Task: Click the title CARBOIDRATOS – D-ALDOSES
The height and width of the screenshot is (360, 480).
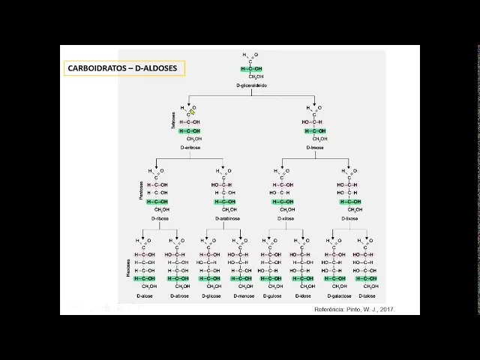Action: pos(122,68)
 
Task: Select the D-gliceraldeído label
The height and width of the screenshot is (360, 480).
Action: pos(251,86)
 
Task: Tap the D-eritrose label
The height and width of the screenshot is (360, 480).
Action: pos(190,148)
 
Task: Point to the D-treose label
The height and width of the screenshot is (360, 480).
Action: pos(316,148)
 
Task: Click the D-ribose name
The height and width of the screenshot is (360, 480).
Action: pos(159,219)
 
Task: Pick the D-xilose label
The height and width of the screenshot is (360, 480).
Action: pos(285,219)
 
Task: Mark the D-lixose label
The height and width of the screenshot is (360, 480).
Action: pos(349,219)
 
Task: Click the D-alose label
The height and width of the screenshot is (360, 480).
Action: pos(145,295)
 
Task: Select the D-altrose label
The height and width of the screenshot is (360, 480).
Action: pos(180,295)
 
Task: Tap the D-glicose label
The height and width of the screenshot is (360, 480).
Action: pos(211,295)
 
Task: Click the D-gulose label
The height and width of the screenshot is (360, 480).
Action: pos(272,295)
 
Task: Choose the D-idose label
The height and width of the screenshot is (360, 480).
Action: pos(304,295)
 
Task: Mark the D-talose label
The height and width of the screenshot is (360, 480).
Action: pos(367,295)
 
